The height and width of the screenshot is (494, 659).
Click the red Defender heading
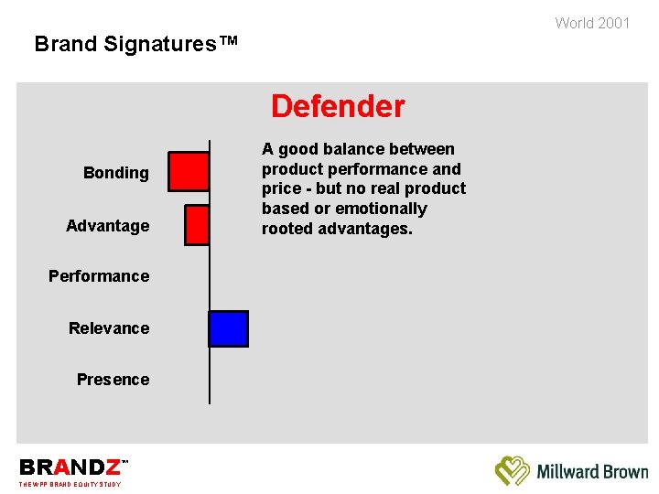pos(337,107)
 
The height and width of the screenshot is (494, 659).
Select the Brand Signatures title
pos(135,43)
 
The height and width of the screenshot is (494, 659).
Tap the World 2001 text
pos(592,23)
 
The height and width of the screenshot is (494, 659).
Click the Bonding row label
pos(115,173)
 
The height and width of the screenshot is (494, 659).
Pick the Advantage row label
pos(107,226)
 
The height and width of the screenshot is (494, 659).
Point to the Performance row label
pos(99,276)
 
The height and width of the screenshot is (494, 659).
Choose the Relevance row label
pos(108,328)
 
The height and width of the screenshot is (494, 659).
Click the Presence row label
pos(113,380)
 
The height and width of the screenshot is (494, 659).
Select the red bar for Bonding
pos(189,171)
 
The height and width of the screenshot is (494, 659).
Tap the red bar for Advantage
pos(197,225)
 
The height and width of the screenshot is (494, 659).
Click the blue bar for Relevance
pos(228,328)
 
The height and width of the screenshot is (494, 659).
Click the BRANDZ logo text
pos(70,467)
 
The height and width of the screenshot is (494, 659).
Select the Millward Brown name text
pos(592,472)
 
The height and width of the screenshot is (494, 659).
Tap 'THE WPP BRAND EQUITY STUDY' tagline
pos(70,484)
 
